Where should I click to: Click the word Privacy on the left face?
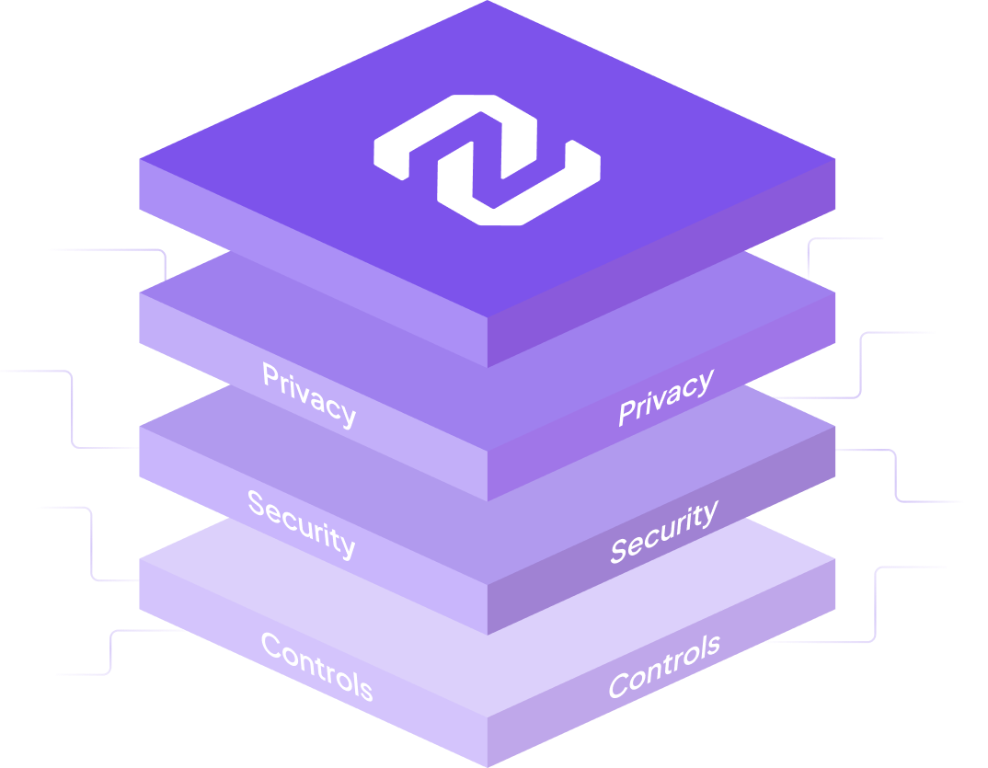click(308, 395)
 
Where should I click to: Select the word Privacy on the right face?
click(665, 397)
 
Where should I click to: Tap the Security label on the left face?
click(301, 523)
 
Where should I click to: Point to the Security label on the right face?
click(663, 532)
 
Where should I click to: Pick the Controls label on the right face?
click(663, 665)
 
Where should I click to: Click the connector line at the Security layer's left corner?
click(72, 409)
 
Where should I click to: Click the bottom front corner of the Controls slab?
click(488, 764)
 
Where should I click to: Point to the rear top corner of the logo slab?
click(488, 3)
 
